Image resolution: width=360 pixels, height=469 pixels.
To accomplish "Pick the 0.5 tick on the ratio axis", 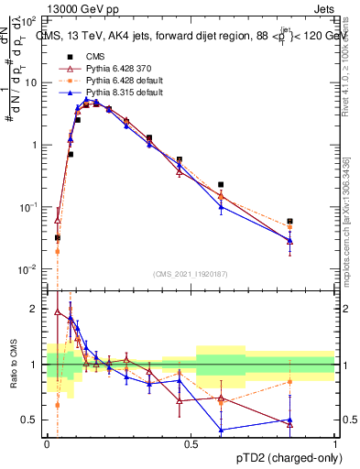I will pos(33,420).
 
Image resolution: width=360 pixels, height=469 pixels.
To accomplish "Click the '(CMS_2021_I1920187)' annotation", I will pos(191,273).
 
